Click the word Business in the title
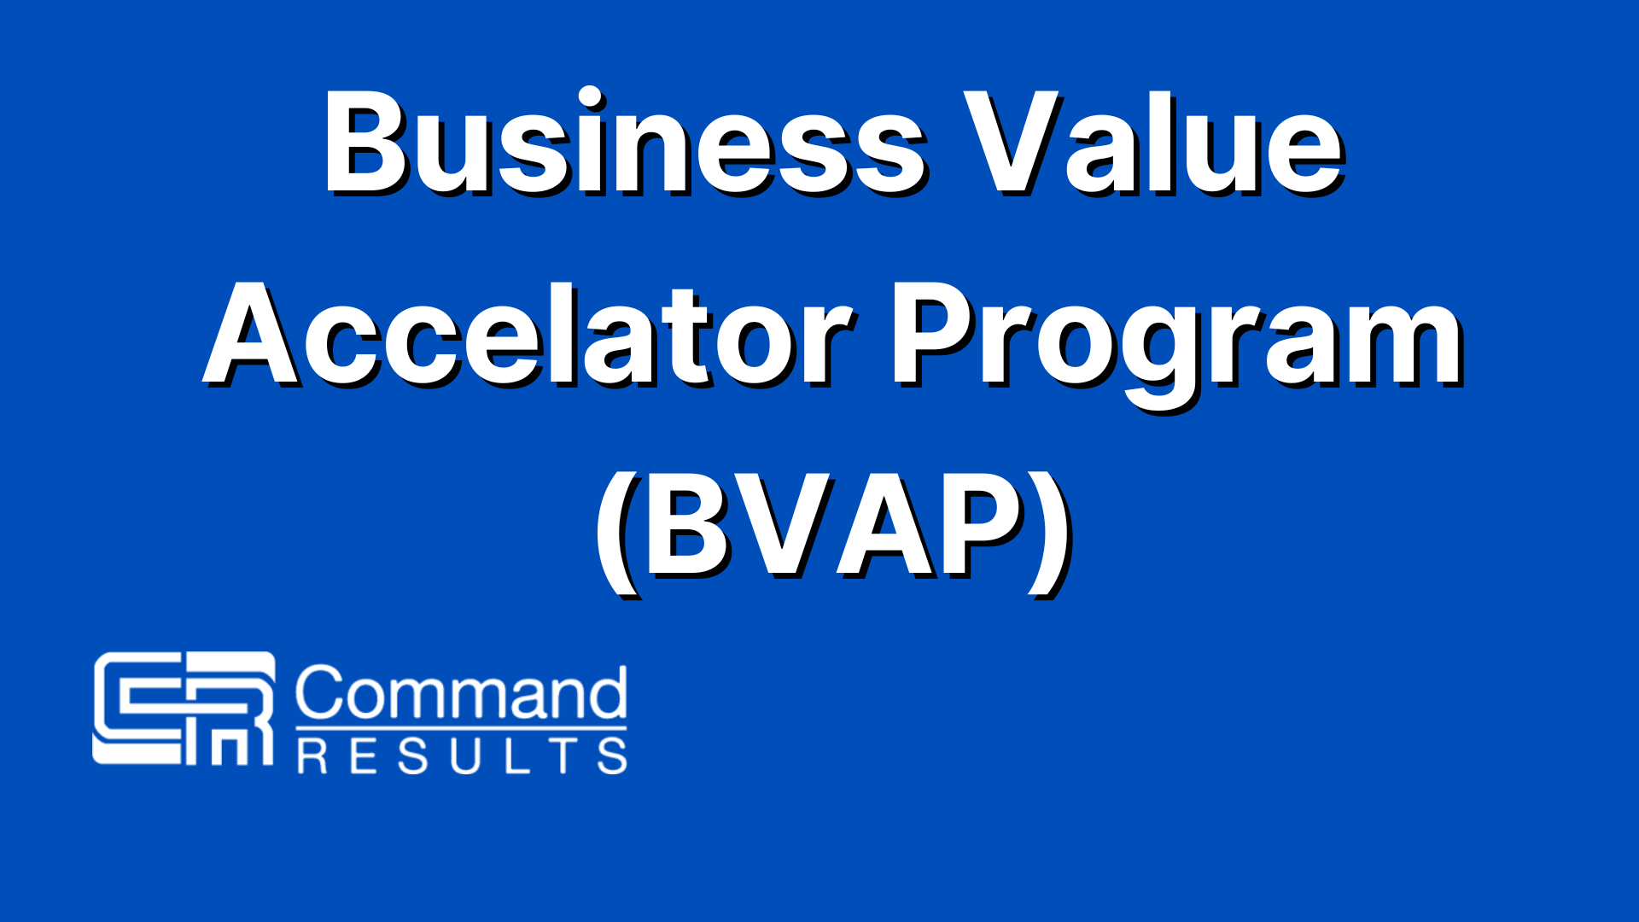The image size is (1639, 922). pos(621,143)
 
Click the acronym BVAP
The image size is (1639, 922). pos(833,529)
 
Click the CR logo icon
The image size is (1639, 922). pos(184,708)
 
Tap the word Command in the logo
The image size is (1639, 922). pos(461,693)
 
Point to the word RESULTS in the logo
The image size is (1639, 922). pos(462,756)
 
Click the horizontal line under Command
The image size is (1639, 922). pos(461,728)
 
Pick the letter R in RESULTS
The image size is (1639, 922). pos(312,756)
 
